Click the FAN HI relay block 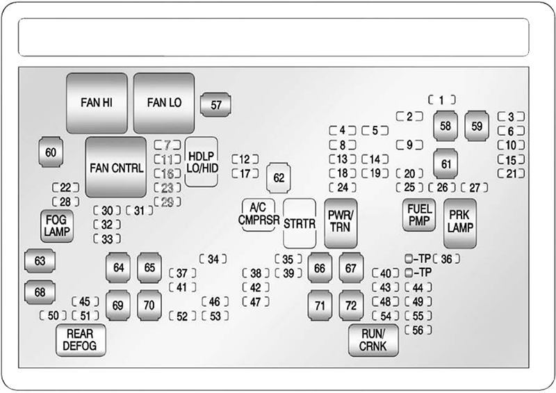coord(97,103)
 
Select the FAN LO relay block coord(164,103)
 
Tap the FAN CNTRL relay coord(116,168)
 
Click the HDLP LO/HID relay coord(202,161)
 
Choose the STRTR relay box coord(300,223)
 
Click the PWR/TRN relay coord(341,223)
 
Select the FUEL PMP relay coord(418,215)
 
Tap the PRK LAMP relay coord(459,222)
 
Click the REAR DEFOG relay coord(81,339)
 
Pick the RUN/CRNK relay coord(373,339)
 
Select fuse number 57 coord(216,105)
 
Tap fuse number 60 coord(51,152)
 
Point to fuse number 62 coord(279,178)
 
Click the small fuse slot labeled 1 coord(442,99)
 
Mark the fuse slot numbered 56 coord(418,330)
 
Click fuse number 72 coord(352,305)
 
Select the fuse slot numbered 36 coord(446,259)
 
